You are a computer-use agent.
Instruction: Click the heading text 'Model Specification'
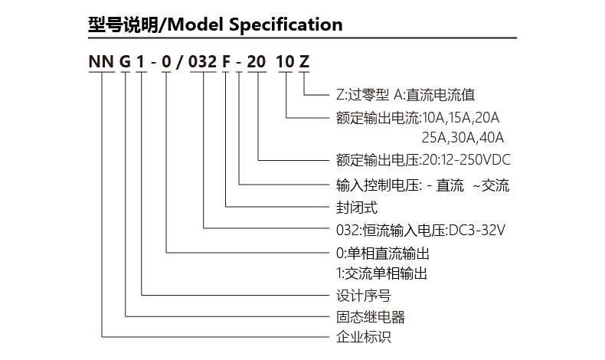click(253, 25)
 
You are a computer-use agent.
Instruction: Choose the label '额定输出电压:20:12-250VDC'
click(423, 161)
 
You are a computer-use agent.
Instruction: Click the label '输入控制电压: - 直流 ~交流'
click(422, 185)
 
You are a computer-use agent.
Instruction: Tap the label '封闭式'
click(356, 207)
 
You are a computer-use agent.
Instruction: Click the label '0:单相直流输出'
click(382, 252)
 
